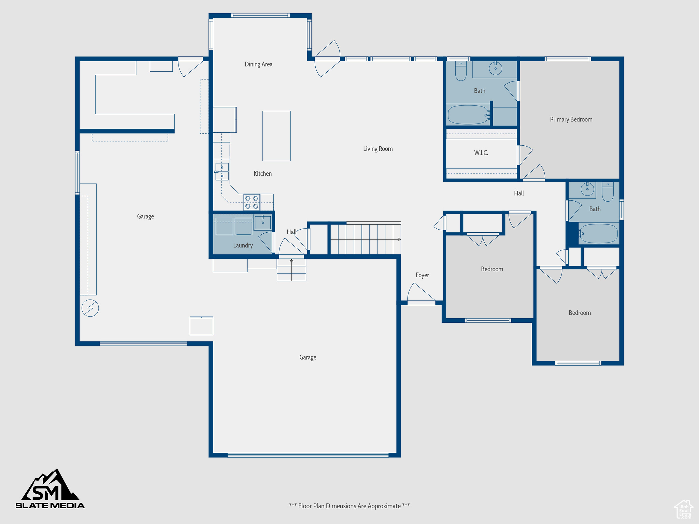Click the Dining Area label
coord(258,64)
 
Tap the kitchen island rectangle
coord(276,136)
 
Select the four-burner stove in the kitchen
coord(252,202)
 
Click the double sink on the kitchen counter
coord(222,172)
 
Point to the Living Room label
coord(377,149)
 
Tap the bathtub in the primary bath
coord(468,115)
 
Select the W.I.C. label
coord(481,153)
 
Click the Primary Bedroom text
coord(571,119)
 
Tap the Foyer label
coord(422,275)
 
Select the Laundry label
coord(243,245)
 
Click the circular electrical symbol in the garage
coord(90,308)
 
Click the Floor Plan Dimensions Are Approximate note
coord(349,506)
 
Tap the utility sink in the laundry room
coord(262,222)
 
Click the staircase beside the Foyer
coord(365,239)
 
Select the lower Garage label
coord(308,357)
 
